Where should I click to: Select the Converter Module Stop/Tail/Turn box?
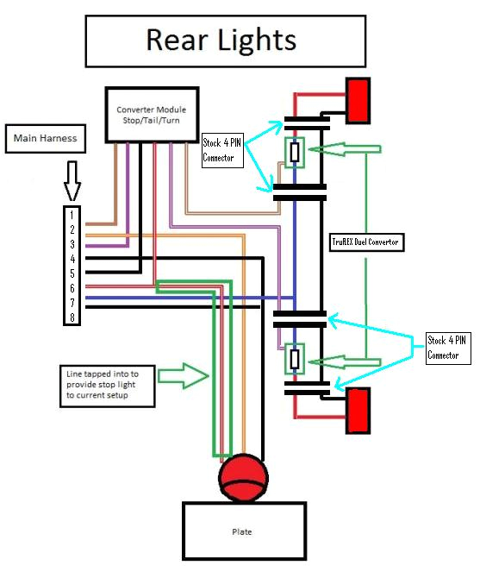point(152,115)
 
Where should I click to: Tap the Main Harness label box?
point(45,139)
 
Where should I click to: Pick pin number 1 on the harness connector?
point(73,215)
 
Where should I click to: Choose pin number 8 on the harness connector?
point(73,317)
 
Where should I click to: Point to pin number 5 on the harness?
point(73,273)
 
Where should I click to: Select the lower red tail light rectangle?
point(358,411)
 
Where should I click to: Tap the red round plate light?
point(242,477)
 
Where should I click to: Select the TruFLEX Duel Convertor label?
point(366,242)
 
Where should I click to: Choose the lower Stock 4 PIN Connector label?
point(448,348)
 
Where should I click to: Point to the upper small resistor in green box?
point(295,153)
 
